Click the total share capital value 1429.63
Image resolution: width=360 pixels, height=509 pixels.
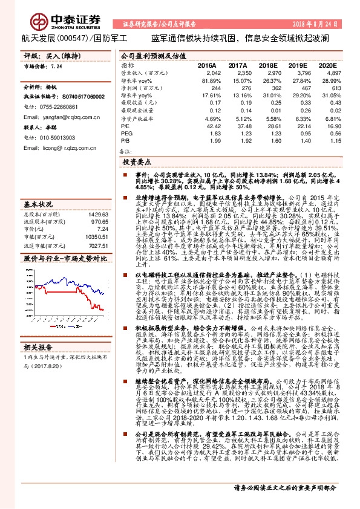coord(98,198)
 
